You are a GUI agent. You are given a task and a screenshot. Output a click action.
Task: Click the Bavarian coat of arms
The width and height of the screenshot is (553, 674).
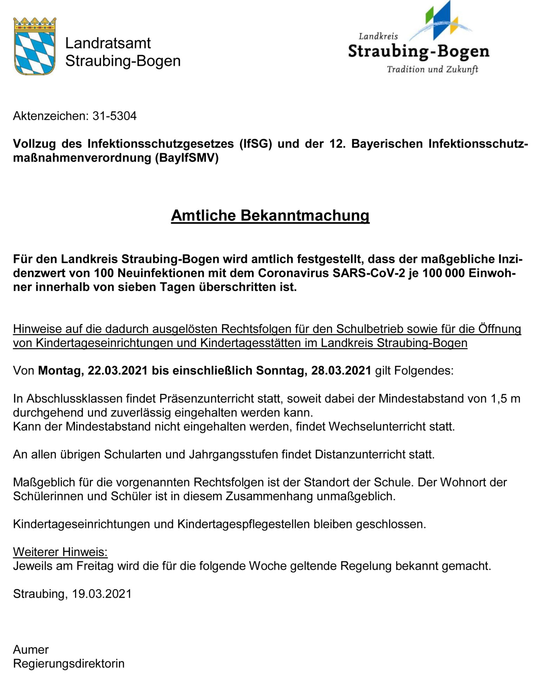[34, 46]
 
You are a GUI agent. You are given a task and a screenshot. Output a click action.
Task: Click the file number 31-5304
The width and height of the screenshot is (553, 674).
[114, 116]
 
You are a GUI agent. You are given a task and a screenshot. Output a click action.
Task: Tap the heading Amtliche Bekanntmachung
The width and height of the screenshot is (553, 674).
[270, 215]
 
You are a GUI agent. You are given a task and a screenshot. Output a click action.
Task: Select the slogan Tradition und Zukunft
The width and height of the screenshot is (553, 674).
[432, 69]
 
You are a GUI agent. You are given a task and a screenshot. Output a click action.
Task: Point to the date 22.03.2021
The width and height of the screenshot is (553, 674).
[118, 370]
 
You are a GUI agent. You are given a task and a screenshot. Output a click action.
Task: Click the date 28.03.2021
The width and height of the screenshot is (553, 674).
[341, 370]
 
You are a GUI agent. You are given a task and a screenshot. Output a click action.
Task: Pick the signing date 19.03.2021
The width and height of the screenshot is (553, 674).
[102, 594]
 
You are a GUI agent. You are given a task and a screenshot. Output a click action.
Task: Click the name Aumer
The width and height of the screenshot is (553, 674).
[31, 649]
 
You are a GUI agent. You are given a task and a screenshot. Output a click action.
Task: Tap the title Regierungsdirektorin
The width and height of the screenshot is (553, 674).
[69, 663]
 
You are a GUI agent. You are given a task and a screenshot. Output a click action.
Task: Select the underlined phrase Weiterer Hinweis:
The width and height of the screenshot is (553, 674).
[60, 552]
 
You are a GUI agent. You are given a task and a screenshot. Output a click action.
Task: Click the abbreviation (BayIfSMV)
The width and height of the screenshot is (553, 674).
[187, 158]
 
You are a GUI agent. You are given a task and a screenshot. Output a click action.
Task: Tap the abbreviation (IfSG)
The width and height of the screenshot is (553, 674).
[255, 144]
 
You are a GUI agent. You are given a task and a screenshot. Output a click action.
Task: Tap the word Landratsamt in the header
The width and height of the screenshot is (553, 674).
[108, 43]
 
